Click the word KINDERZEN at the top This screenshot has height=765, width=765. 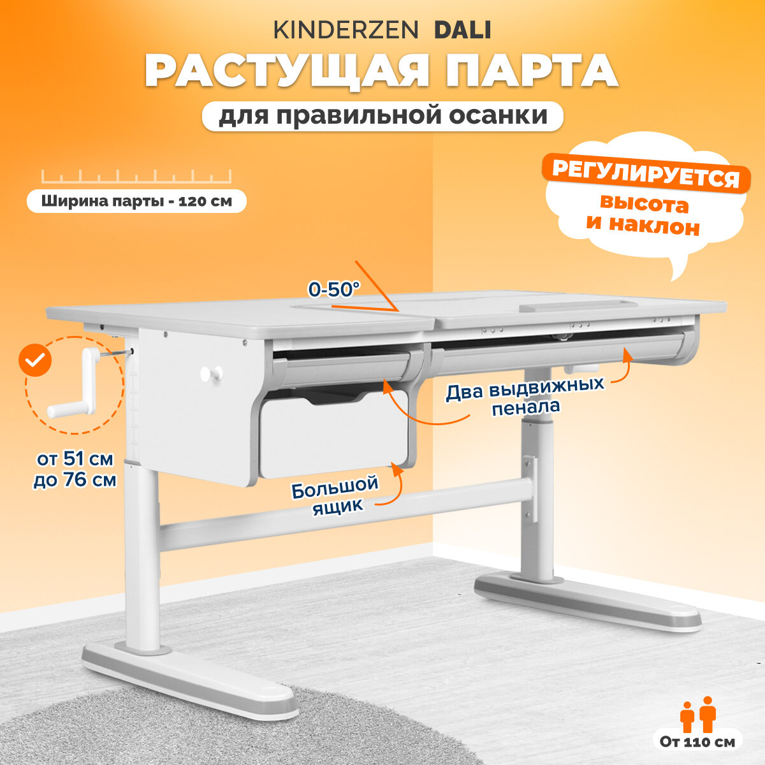pyautogui.click(x=346, y=30)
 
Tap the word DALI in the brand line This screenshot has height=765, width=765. pyautogui.click(x=462, y=30)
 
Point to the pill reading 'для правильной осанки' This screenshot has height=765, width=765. pyautogui.click(x=382, y=116)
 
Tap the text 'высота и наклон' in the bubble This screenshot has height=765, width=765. pyautogui.click(x=644, y=215)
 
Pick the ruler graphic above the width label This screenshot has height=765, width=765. pyautogui.click(x=136, y=177)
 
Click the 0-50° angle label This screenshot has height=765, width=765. pyautogui.click(x=334, y=289)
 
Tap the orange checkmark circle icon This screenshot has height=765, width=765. pyautogui.click(x=36, y=361)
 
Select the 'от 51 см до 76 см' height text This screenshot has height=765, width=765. pyautogui.click(x=75, y=469)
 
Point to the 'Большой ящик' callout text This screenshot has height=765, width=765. pyautogui.click(x=335, y=494)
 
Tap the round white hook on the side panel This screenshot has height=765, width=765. pyautogui.click(x=211, y=374)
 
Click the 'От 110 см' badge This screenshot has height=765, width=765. pyautogui.click(x=697, y=741)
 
